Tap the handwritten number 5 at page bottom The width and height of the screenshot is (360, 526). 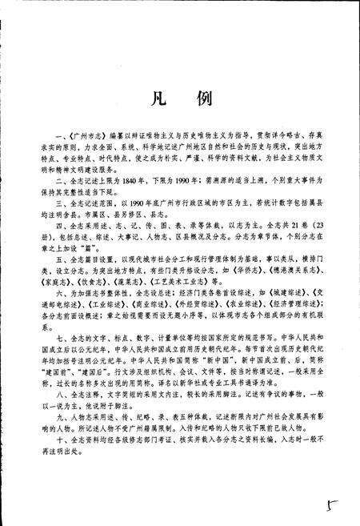pyautogui.click(x=330, y=508)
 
